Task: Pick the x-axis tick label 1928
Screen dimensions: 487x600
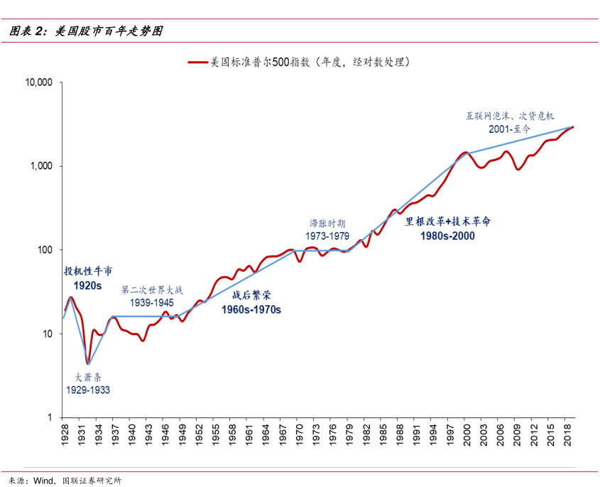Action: (x=63, y=434)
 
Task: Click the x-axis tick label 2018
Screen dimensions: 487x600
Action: (x=567, y=434)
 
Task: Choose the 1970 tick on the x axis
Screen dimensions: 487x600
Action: (x=299, y=434)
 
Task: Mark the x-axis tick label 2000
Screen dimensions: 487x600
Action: (x=467, y=434)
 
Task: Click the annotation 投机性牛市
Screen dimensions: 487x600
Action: (x=88, y=271)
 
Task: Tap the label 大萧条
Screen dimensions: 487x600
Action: (x=88, y=377)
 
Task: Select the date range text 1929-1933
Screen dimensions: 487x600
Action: (x=88, y=390)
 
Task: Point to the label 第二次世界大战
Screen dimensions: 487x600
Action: (x=152, y=290)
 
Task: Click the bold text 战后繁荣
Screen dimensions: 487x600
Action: (x=251, y=295)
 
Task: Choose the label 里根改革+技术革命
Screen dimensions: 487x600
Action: (x=447, y=221)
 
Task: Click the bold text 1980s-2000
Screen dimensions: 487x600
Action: (x=447, y=236)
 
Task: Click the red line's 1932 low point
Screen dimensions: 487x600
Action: (x=87, y=363)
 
